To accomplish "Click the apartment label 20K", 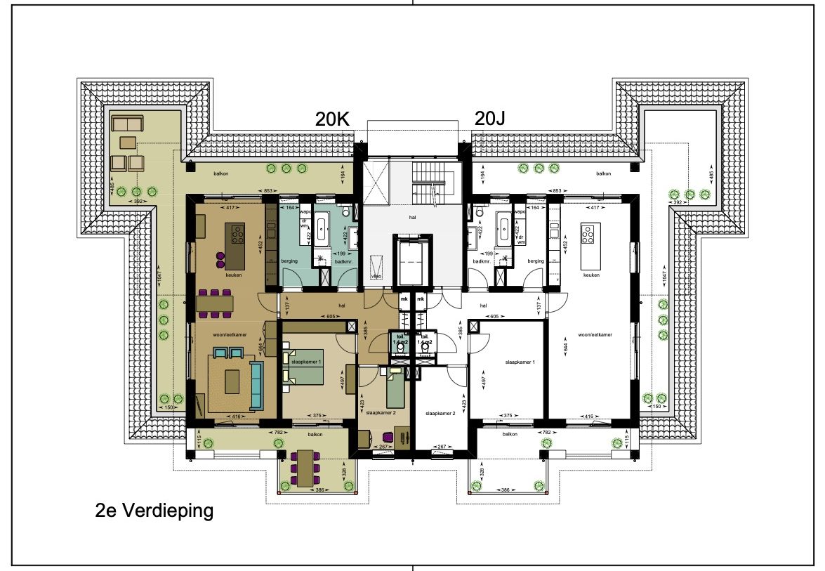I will tap(333, 119).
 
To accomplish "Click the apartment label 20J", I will tap(490, 119).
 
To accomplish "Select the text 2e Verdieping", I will tap(154, 511).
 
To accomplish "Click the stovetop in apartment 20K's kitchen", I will tap(237, 233).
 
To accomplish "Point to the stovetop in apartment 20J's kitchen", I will tap(588, 233).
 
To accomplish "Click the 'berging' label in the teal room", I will tap(289, 261).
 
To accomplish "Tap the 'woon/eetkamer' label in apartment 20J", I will tap(595, 335).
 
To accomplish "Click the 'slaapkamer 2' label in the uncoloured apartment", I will tap(440, 414).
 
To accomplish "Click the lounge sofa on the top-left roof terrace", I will tap(127, 125).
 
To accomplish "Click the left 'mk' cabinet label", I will tap(404, 300).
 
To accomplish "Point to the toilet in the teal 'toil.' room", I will tap(400, 346).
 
